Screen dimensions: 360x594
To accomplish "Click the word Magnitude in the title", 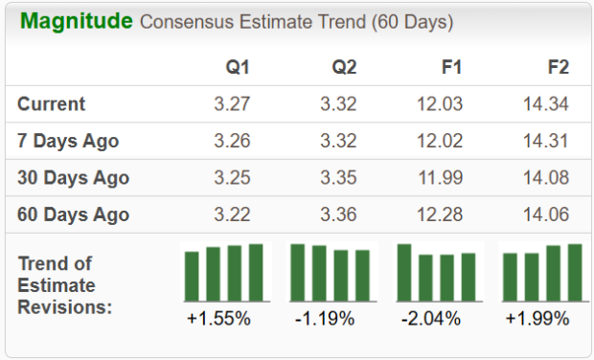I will pyautogui.click(x=76, y=21).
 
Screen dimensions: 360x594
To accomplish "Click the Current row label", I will pyautogui.click(x=52, y=104).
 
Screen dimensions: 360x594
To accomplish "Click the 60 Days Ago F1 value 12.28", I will pyautogui.click(x=440, y=214).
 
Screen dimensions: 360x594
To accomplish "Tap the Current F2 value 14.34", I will pyautogui.click(x=546, y=104).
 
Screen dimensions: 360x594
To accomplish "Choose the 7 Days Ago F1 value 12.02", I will pyautogui.click(x=440, y=141).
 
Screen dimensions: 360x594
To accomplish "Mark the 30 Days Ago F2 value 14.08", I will pyautogui.click(x=546, y=178).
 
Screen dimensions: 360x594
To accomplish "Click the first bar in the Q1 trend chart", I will pyautogui.click(x=193, y=277).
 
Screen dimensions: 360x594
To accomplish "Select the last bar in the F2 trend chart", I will pyautogui.click(x=575, y=273).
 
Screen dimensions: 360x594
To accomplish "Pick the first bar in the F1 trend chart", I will pyautogui.click(x=404, y=273).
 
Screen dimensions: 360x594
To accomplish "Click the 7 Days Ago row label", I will pyautogui.click(x=68, y=141).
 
